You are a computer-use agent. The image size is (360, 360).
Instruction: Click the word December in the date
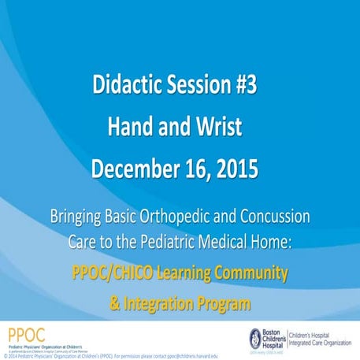(x=135, y=169)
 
